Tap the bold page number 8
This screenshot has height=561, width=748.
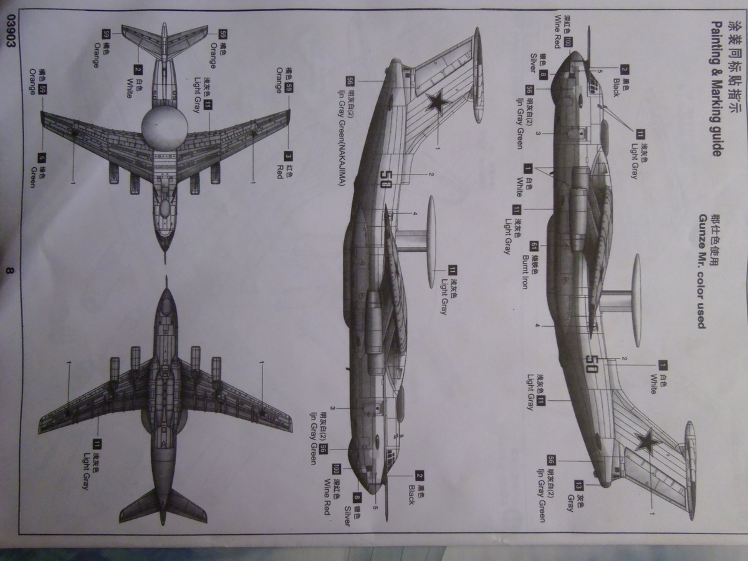8,271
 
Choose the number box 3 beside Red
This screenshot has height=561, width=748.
288,156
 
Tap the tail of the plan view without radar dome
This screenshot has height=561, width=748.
163,508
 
